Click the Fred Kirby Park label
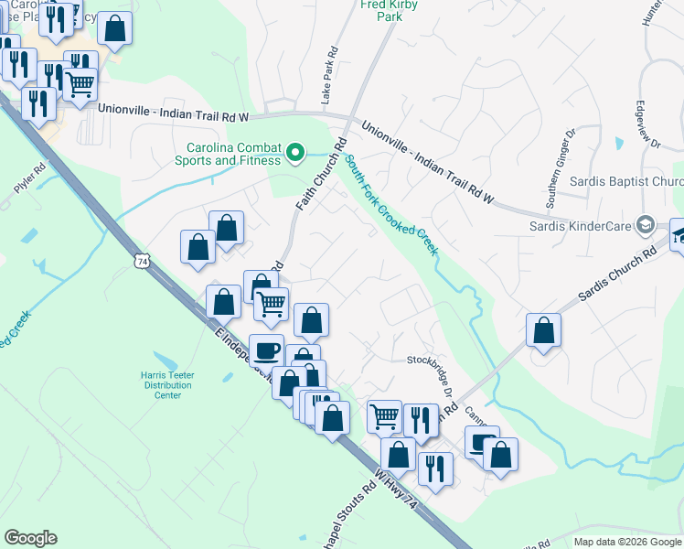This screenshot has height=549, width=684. point(381,9)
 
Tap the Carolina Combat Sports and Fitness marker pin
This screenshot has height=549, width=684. point(295,153)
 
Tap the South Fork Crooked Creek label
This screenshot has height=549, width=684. point(388,207)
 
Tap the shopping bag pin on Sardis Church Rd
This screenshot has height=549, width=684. point(544,331)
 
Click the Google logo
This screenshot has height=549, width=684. point(31,538)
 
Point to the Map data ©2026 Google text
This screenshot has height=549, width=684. point(626,542)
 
